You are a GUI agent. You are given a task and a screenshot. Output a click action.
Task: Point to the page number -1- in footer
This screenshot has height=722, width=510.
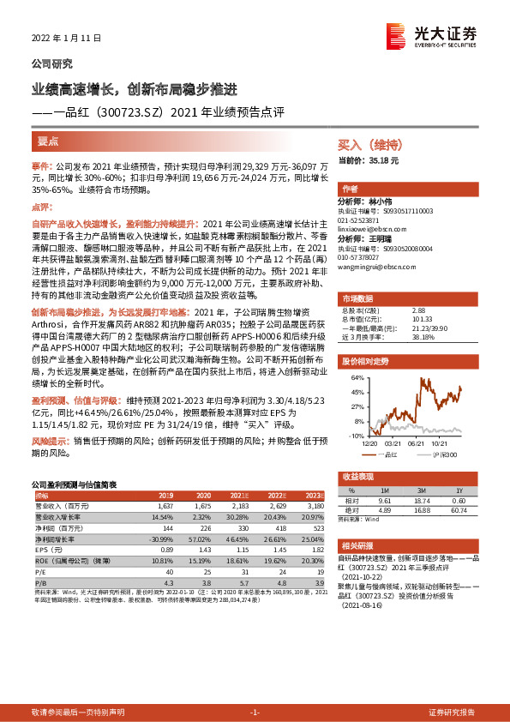pos(254,713)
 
